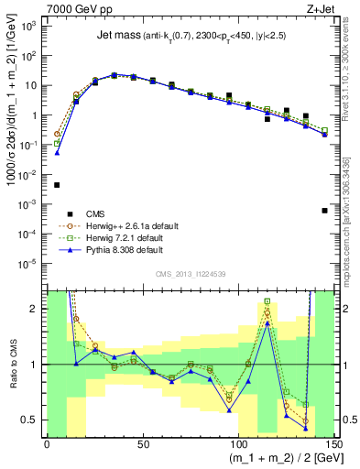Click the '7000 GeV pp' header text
click(x=78, y=8)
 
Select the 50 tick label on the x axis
click(x=142, y=443)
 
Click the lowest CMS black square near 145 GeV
click(x=325, y=211)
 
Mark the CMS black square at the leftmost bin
click(x=57, y=184)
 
